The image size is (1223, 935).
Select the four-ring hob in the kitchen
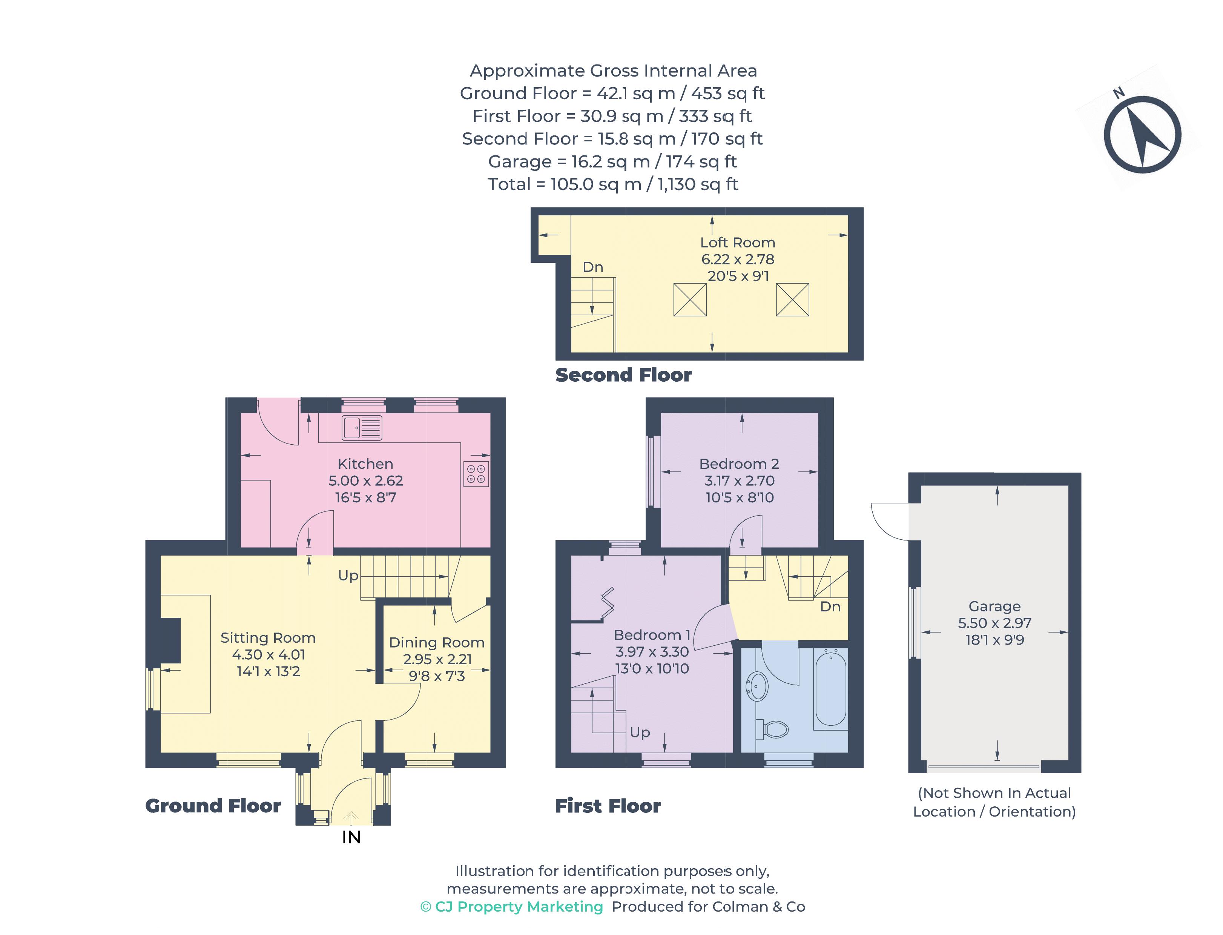click(476, 474)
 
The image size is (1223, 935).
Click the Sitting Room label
click(268, 638)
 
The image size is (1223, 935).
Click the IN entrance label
click(351, 837)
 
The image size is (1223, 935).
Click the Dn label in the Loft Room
click(592, 267)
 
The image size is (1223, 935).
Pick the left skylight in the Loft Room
click(690, 299)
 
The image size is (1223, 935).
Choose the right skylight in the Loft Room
click(792, 299)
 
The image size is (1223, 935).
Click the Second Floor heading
click(623, 375)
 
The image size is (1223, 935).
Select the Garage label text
click(994, 606)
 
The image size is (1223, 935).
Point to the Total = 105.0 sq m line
click(612, 184)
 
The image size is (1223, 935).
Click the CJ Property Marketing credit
click(512, 907)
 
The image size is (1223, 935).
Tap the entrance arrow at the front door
click(351, 818)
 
